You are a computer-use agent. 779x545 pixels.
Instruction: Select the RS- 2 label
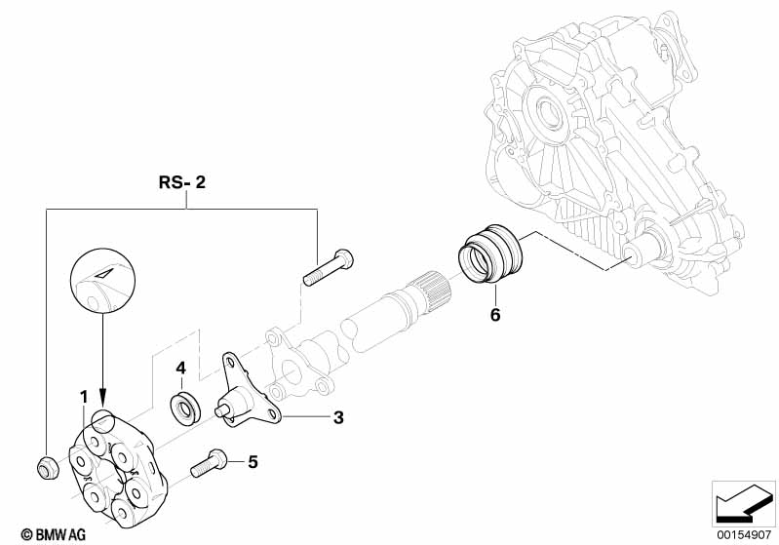pyautogui.click(x=182, y=182)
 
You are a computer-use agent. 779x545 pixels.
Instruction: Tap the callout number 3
pyautogui.click(x=338, y=418)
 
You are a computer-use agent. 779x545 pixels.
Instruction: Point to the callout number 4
pyautogui.click(x=180, y=368)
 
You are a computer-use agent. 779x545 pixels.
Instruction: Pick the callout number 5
pyautogui.click(x=252, y=461)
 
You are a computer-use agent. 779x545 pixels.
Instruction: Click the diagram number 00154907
pyautogui.click(x=743, y=532)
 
